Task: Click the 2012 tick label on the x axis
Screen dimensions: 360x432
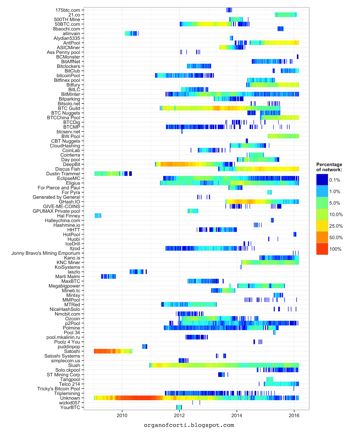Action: [179, 415]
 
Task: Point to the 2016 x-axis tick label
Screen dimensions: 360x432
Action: [294, 415]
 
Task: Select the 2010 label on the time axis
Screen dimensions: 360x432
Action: [122, 415]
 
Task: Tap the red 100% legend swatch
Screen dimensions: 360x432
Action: [322, 249]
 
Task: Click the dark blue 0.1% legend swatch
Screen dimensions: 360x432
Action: [322, 180]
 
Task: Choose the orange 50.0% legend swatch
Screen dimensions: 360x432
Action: [322, 237]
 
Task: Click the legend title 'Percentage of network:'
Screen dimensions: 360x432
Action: [329, 167]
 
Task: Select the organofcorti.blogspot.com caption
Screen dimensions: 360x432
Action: [189, 425]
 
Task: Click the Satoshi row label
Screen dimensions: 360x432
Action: [72, 351]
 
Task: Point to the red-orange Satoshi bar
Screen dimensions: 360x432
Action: [113, 351]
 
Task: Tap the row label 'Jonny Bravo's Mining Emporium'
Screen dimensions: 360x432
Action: [46, 253]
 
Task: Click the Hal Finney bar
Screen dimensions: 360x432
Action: [98, 216]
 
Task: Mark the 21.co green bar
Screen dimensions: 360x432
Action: [286, 15]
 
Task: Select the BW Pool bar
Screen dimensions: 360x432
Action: [283, 136]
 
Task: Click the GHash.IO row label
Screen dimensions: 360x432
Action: [69, 202]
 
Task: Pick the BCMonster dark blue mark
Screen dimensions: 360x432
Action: [298, 57]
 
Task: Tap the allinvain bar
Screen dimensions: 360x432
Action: [131, 33]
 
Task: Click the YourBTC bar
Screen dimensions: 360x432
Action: [179, 407]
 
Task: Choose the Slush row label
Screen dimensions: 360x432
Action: [74, 365]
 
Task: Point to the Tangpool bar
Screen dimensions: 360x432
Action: [270, 379]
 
